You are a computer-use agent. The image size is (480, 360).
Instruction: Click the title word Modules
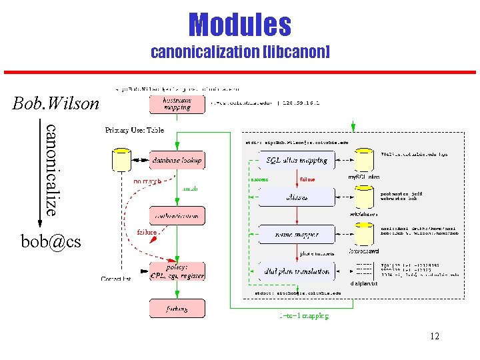(x=240, y=25)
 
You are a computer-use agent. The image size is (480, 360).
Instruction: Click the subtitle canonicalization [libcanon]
(x=240, y=52)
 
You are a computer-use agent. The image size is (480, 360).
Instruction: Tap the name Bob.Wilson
(x=55, y=103)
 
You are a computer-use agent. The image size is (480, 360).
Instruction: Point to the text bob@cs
(x=51, y=241)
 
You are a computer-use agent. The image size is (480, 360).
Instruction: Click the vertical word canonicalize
(x=51, y=169)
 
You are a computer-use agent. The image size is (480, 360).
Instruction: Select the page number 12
(x=434, y=336)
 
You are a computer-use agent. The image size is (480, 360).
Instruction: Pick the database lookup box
(x=176, y=160)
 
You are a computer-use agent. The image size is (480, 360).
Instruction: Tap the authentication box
(x=176, y=216)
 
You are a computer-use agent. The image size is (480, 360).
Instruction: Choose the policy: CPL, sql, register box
(x=176, y=271)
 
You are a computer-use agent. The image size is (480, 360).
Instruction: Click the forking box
(x=176, y=309)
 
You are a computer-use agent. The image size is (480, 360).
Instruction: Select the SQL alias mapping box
(x=297, y=160)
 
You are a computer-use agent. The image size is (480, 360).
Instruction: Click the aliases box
(x=297, y=197)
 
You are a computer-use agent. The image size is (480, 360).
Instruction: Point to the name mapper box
(x=297, y=235)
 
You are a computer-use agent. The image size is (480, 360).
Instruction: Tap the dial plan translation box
(x=297, y=271)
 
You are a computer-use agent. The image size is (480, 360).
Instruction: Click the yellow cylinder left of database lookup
(x=121, y=160)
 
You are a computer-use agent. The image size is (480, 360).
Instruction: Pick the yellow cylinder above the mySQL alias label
(x=364, y=160)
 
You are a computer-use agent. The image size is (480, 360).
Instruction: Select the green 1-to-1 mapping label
(x=303, y=316)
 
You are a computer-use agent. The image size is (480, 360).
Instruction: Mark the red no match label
(x=148, y=180)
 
